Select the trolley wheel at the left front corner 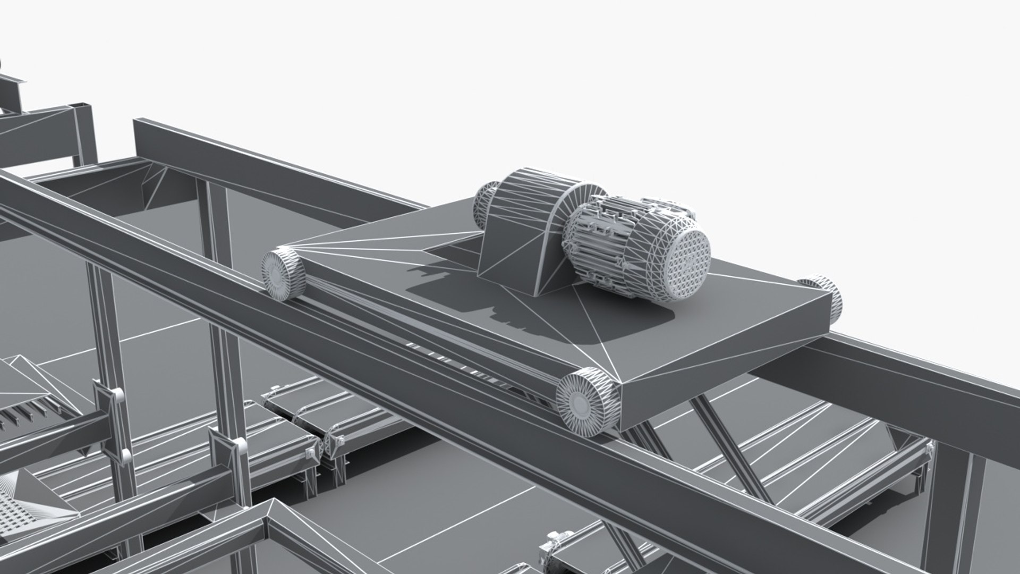(x=282, y=274)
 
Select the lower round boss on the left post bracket (x=125, y=455)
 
